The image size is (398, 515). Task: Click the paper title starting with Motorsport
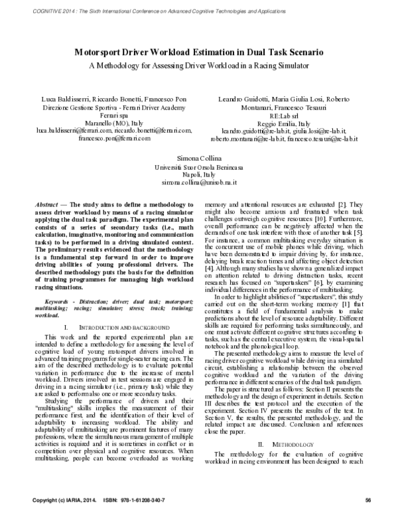(199, 52)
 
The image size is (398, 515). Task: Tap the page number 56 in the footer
(368, 500)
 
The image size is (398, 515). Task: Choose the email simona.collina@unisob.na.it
(198, 182)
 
